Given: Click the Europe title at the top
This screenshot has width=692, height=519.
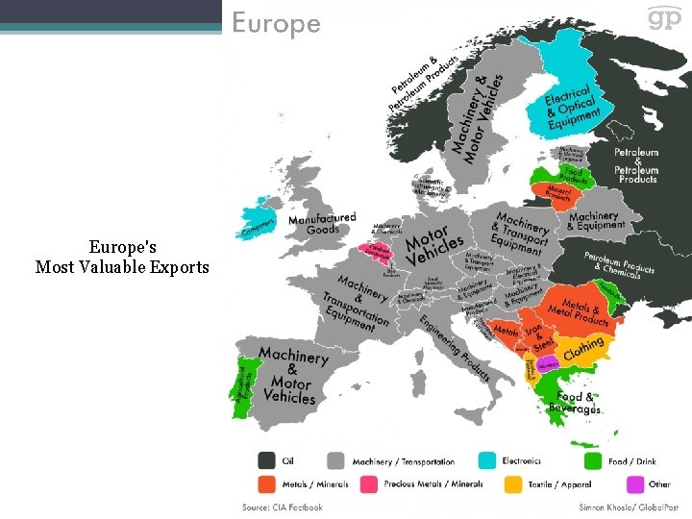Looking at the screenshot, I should point(277,23).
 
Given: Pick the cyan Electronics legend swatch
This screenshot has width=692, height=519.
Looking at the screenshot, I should point(486,461).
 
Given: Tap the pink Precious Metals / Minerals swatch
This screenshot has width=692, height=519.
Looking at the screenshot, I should point(368,484).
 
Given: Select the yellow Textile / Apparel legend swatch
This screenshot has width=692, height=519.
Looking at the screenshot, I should point(513,484).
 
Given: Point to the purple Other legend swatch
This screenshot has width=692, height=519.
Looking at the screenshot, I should point(634,484).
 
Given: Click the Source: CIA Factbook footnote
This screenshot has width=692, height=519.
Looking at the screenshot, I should point(283,507).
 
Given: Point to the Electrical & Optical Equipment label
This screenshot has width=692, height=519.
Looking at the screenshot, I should point(571,108).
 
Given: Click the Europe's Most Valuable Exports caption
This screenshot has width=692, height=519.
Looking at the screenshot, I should point(121,257).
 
